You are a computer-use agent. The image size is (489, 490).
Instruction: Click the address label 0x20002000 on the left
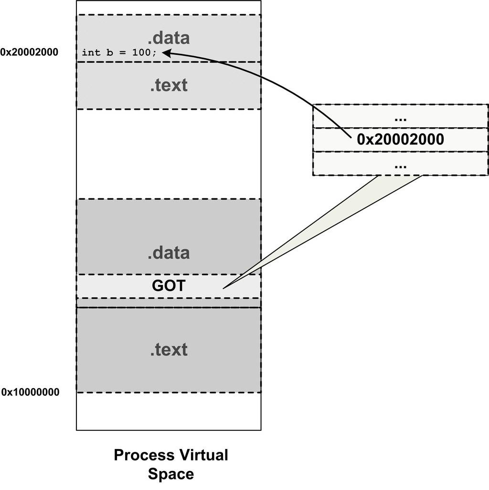point(29,52)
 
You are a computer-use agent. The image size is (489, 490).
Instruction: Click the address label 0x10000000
point(30,392)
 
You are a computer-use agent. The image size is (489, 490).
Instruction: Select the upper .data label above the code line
point(169,38)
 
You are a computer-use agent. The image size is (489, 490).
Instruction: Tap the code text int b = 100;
point(119,52)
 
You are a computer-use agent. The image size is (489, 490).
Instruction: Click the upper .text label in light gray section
point(169,85)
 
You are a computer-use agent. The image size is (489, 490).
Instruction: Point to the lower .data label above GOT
point(169,253)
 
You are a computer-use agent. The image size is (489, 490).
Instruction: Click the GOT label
point(169,286)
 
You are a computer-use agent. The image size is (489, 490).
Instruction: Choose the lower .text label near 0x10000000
point(169,350)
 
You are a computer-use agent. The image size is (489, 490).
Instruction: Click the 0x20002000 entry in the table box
point(400,139)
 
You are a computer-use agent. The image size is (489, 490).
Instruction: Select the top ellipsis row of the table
point(400,116)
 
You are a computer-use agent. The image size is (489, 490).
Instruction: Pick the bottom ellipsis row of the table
point(400,164)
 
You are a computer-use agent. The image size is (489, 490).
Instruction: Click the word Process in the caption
point(144,455)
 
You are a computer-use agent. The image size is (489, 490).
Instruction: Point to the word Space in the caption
point(170,474)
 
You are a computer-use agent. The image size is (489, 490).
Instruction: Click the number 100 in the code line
point(142,52)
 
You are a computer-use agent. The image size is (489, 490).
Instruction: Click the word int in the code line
point(89,52)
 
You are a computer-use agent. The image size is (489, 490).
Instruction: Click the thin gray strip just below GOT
point(169,303)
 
